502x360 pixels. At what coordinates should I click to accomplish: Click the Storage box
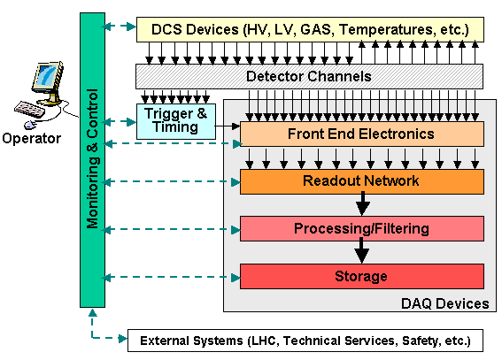[x=362, y=276]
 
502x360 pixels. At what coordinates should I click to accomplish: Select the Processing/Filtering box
[x=362, y=228]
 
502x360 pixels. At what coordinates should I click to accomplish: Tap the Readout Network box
[x=362, y=181]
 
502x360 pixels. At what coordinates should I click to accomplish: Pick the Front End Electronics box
[x=362, y=134]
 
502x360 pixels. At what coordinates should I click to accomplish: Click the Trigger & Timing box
[x=176, y=121]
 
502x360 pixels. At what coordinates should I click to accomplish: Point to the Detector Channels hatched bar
[x=309, y=76]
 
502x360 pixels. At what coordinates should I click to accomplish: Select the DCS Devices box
[x=310, y=30]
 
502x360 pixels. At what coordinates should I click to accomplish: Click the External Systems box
[x=305, y=341]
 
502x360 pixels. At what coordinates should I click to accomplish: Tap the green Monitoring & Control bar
[x=92, y=160]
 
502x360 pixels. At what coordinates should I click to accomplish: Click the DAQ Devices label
[x=445, y=303]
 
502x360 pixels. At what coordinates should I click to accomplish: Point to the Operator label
[x=31, y=139]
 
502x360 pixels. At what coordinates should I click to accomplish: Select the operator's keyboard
[x=29, y=110]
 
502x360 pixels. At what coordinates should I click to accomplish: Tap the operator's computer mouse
[x=29, y=125]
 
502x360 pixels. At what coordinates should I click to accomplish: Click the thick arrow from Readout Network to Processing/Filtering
[x=362, y=203]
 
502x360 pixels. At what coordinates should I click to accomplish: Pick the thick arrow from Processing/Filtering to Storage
[x=362, y=251]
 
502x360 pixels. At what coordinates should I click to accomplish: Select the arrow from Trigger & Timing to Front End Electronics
[x=228, y=126]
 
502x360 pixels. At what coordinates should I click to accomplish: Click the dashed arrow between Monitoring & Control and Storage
[x=172, y=277]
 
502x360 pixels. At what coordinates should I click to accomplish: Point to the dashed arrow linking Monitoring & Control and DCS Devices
[x=120, y=27]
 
